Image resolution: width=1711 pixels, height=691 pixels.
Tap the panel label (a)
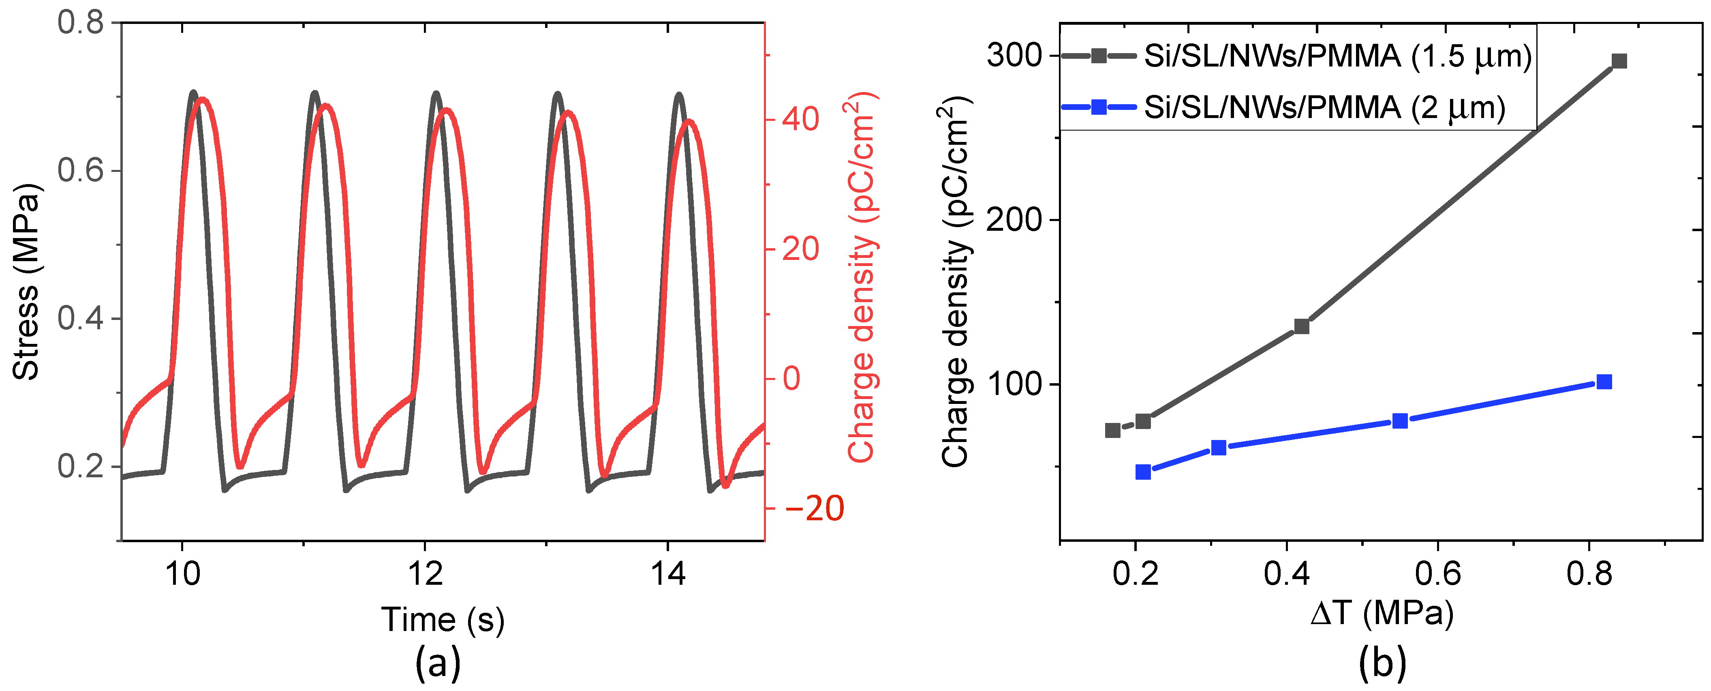(x=438, y=663)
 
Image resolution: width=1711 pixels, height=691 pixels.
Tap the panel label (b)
(x=1382, y=663)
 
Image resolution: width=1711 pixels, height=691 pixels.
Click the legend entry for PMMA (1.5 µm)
(x=1337, y=56)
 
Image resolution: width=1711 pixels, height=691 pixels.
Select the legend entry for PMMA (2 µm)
(x=1323, y=107)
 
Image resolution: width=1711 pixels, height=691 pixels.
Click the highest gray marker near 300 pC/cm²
(x=1619, y=61)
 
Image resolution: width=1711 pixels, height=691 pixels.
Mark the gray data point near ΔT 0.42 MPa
(x=1302, y=326)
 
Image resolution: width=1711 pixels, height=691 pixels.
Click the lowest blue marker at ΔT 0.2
(x=1143, y=472)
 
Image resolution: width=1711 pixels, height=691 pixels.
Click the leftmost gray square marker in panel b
(x=1112, y=431)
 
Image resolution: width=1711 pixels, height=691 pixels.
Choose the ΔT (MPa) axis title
(x=1382, y=613)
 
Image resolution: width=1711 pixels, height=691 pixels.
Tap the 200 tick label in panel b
(x=1014, y=220)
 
